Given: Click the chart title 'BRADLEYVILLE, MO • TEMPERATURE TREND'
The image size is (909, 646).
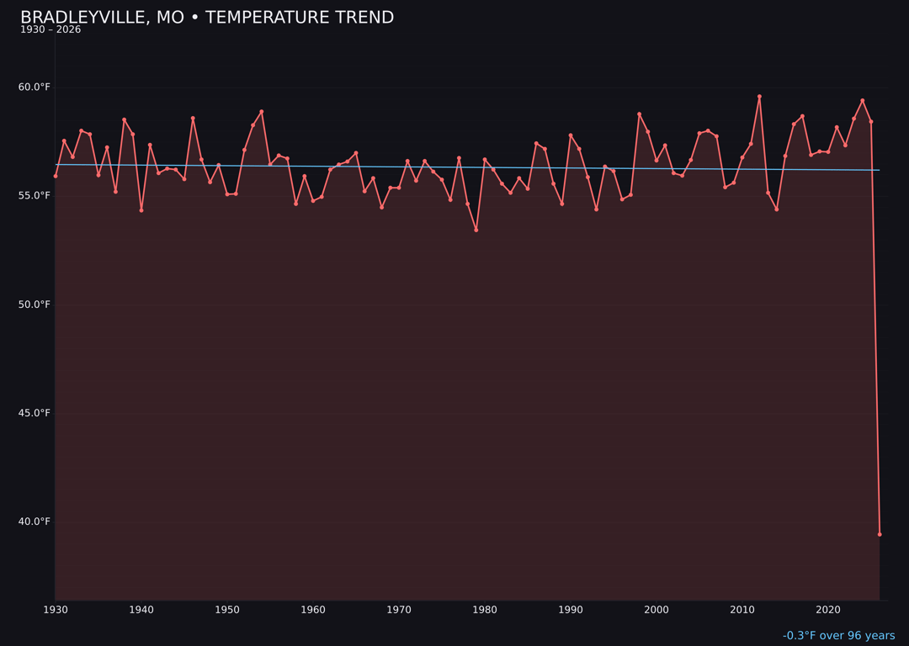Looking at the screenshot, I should click(x=207, y=18).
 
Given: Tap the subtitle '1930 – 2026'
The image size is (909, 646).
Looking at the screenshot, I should click(x=50, y=30).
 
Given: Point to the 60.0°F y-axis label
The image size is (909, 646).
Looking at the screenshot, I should click(x=35, y=87).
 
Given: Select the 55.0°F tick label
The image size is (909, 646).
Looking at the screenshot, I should click(x=35, y=196).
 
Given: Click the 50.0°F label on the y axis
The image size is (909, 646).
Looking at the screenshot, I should click(x=35, y=304).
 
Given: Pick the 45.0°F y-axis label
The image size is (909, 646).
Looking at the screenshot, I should click(x=35, y=413).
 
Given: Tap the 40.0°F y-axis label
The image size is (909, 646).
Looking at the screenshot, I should click(x=35, y=522).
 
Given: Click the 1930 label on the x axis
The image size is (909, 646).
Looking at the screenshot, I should click(x=56, y=610).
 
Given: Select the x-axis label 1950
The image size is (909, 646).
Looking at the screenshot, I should click(x=227, y=610).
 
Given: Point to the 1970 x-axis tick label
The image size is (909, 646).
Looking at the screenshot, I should click(x=399, y=610).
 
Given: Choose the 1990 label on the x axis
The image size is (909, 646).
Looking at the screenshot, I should click(x=571, y=610).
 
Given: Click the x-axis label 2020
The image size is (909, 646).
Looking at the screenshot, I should click(x=828, y=610).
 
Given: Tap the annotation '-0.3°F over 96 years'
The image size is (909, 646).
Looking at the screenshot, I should click(x=838, y=636).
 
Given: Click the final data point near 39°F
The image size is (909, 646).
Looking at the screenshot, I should click(x=880, y=534).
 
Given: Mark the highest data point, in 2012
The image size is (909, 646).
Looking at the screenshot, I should click(x=759, y=97).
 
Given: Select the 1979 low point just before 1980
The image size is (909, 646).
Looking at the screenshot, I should click(x=476, y=230).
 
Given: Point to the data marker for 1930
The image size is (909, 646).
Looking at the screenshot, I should click(x=56, y=176).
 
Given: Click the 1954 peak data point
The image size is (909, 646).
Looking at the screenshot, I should click(x=262, y=112).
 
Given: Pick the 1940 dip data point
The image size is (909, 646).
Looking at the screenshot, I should click(x=141, y=210).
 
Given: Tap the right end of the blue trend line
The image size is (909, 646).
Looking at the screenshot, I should click(x=880, y=170).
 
